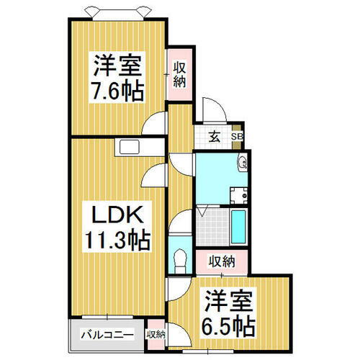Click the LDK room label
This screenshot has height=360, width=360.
click(117, 215)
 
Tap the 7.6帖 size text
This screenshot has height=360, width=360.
click(118, 91)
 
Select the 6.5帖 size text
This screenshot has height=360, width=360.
click(228, 327)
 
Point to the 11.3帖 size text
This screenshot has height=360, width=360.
click(117, 240)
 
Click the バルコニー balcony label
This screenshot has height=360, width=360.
click(107, 335)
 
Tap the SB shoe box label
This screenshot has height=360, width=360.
click(237, 137)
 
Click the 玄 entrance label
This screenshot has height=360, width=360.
click(215, 138)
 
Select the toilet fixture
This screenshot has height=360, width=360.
click(180, 261)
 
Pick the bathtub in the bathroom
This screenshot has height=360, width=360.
click(238, 227)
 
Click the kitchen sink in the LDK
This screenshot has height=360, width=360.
click(130, 147)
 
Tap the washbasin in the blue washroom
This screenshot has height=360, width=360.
click(243, 163)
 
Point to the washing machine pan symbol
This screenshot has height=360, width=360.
click(239, 195)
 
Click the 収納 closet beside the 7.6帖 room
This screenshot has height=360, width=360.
click(179, 74)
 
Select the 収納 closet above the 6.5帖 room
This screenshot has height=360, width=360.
click(222, 262)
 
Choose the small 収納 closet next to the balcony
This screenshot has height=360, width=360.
click(156, 335)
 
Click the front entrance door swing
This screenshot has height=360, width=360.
click(215, 110)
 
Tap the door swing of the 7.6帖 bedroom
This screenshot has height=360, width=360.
click(153, 123)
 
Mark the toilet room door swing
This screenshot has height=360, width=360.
click(180, 221)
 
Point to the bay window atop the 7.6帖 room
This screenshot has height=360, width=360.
click(118, 14)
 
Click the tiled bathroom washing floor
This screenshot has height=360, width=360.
click(212, 227)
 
